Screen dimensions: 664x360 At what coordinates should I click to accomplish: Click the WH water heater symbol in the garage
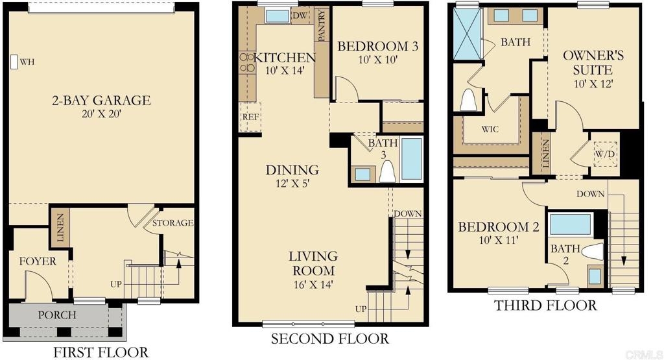click(x=14, y=62)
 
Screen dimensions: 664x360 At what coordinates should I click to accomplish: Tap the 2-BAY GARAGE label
click(x=101, y=101)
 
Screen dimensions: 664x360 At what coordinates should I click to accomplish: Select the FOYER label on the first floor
click(x=38, y=261)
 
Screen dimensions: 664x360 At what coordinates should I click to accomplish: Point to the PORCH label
click(x=57, y=315)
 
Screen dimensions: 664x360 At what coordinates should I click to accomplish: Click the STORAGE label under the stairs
click(x=172, y=222)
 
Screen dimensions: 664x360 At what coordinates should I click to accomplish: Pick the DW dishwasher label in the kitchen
click(x=300, y=16)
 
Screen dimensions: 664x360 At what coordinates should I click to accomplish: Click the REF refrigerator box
click(x=250, y=117)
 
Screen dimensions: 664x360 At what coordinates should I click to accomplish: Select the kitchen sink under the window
click(x=277, y=16)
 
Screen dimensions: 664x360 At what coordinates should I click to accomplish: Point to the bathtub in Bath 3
click(x=411, y=158)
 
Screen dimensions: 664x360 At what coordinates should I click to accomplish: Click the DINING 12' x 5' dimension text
click(x=292, y=184)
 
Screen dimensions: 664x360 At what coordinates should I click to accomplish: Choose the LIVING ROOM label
click(x=313, y=263)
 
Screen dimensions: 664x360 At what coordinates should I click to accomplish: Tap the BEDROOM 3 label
click(x=378, y=46)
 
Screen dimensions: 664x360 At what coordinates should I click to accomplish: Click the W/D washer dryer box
click(x=605, y=154)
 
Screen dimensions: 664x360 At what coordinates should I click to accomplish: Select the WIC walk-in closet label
click(x=490, y=129)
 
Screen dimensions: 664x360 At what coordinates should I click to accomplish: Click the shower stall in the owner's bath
click(x=468, y=34)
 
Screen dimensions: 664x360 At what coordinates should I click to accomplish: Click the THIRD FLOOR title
click(x=545, y=306)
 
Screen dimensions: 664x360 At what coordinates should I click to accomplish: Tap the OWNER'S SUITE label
click(x=593, y=62)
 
